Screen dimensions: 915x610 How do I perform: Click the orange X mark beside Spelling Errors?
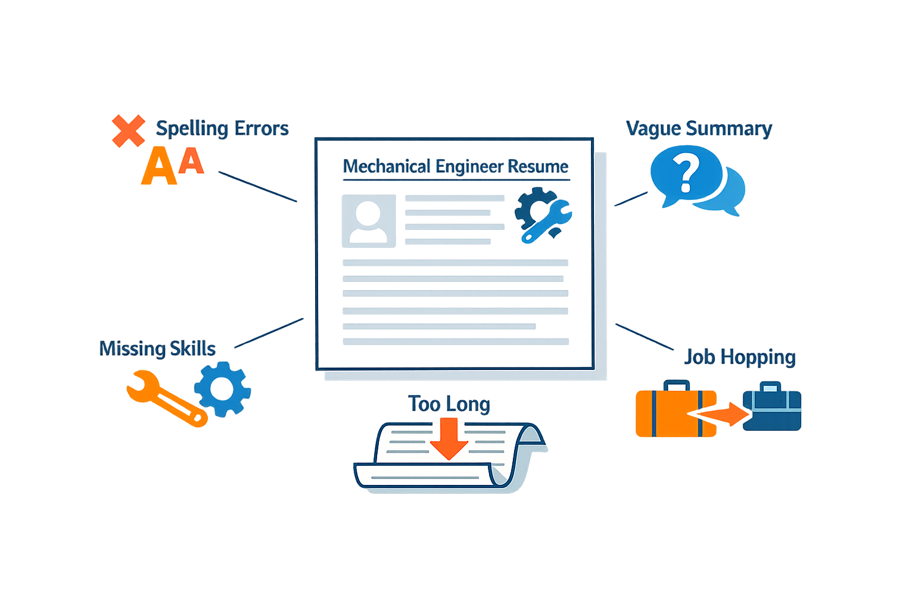[128, 130]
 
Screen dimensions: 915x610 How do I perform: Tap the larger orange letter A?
[159, 166]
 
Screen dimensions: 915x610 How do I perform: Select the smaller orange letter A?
[191, 161]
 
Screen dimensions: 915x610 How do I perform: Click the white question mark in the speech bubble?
[686, 172]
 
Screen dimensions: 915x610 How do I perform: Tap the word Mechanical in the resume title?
[387, 167]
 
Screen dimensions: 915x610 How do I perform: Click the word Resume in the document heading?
[538, 167]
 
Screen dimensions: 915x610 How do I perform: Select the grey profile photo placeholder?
[369, 221]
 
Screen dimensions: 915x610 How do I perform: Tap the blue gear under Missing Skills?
[223, 390]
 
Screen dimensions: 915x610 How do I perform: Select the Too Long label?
[449, 404]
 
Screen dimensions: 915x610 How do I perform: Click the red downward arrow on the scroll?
[449, 439]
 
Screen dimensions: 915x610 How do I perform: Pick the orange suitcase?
[675, 410]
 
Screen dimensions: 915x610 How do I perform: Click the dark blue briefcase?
[772, 407]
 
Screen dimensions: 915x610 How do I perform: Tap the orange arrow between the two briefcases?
[719, 414]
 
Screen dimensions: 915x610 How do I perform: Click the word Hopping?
[758, 358]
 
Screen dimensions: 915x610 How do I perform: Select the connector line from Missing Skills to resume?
[269, 333]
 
